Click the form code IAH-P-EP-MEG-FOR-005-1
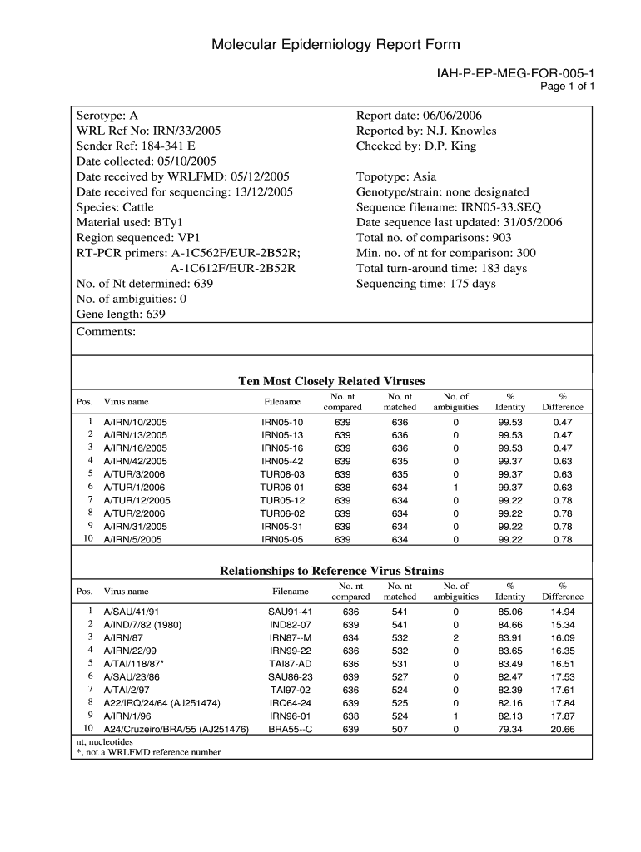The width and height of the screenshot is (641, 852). coord(515,74)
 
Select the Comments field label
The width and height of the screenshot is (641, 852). coord(105,331)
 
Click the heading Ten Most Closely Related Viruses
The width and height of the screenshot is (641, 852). coord(331,381)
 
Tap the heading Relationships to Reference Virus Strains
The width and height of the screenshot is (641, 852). coord(331,571)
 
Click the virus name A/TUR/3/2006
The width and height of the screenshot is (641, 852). coord(135,474)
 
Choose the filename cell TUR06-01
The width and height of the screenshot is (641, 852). coord(282,488)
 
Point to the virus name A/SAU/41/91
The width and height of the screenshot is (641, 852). coord(131,612)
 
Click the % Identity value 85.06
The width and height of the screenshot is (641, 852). coord(510,612)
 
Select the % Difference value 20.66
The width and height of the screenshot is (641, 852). coord(563,730)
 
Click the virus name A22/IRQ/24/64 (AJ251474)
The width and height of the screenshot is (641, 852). coord(161,703)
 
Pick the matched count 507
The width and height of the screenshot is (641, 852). coord(400,730)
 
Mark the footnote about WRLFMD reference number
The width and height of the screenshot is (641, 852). coord(148,752)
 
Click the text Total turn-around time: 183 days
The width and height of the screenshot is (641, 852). coord(441,268)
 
